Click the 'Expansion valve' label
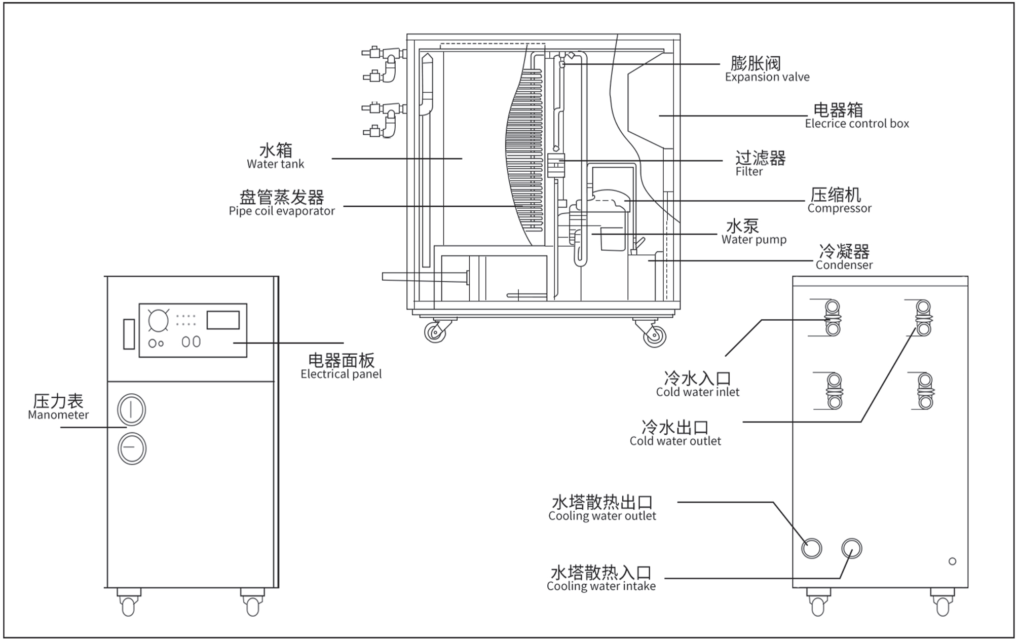coord(767,77)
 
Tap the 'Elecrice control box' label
coord(856,124)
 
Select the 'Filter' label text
coord(749,172)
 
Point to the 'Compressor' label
coord(839,208)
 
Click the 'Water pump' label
coord(753,240)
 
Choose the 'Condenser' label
coord(844,265)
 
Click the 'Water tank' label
coord(275,164)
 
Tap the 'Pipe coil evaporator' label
coord(282,211)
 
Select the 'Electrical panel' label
coord(341,374)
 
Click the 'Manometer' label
coord(58,415)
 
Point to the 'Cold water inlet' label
coord(697,392)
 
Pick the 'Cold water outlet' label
coord(675,441)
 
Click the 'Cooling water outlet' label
coord(602,516)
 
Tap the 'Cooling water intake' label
coord(601,587)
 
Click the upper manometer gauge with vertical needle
coord(131,409)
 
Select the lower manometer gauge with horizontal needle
coord(132,449)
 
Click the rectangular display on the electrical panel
coord(223,320)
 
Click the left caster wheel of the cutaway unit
coord(435,333)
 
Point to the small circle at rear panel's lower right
coord(952,561)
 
